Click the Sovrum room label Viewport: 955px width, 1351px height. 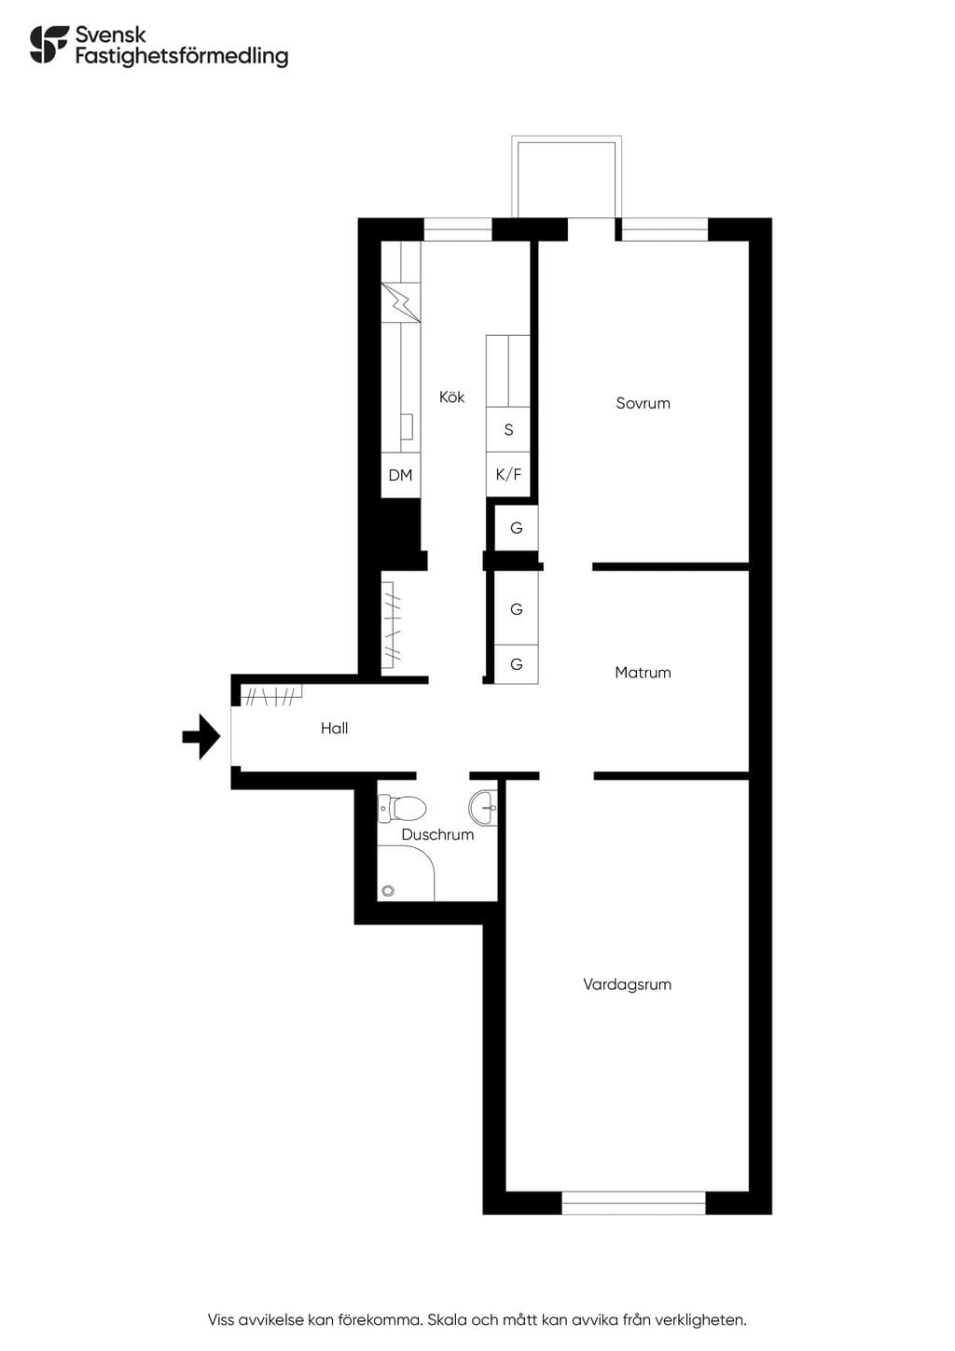[x=643, y=403]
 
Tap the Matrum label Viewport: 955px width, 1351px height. [x=643, y=673]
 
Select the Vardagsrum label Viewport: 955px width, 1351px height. [x=627, y=985]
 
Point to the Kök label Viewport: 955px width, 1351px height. [x=451, y=397]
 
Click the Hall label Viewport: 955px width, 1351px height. [x=334, y=729]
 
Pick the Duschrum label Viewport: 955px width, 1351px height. [x=437, y=835]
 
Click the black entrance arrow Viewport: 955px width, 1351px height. [x=201, y=736]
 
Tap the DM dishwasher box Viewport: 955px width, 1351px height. [x=401, y=475]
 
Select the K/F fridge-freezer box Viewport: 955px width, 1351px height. [x=508, y=475]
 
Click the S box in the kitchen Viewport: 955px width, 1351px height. [x=508, y=429]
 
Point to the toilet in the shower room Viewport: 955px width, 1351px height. [x=402, y=809]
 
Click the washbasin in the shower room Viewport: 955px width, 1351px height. [x=483, y=807]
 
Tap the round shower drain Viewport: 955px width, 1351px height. [x=388, y=891]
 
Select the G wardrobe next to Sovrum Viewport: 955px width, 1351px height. [x=516, y=528]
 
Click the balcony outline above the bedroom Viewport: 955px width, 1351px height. [x=566, y=140]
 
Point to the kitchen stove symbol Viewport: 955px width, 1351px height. [x=401, y=303]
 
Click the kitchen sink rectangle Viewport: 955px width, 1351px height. [x=407, y=426]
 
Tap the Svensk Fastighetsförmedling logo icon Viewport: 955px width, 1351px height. [x=49, y=44]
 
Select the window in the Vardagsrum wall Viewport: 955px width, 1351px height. [x=633, y=1202]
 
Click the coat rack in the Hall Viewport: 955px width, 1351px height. [x=271, y=695]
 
